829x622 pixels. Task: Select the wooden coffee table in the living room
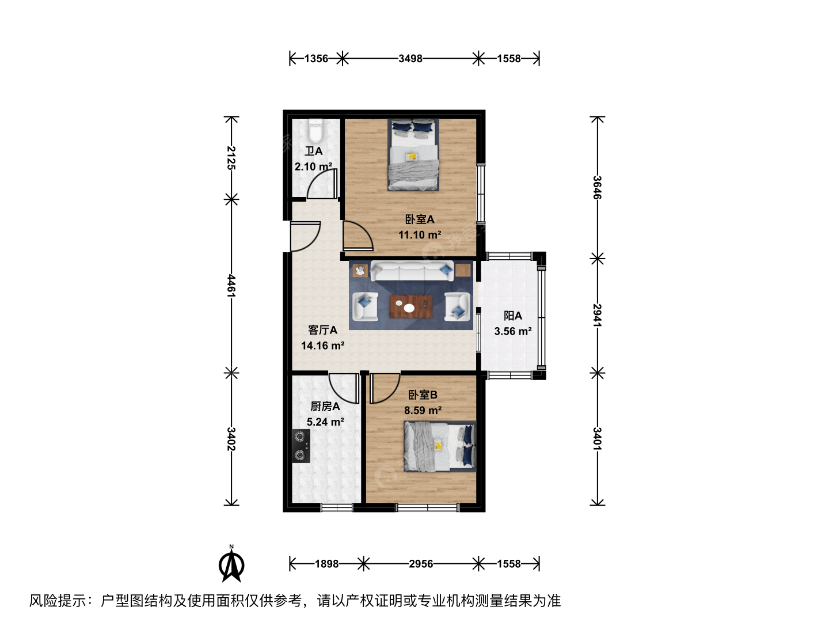411,306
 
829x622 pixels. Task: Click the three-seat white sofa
412,271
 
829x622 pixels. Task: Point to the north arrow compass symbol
231,565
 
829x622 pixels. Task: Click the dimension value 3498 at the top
410,59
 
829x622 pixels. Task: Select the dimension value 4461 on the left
231,286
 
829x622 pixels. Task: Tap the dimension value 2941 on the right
597,316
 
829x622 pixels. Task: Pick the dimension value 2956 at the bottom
421,564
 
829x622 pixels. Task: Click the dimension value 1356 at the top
316,59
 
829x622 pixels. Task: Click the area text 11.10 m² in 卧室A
420,235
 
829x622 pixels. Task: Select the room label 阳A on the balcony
513,316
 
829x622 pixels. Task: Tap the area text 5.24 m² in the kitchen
325,422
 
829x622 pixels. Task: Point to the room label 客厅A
322,330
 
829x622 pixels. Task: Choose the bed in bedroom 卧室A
413,155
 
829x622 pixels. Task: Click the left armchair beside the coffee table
365,306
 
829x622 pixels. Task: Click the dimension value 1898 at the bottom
326,564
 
